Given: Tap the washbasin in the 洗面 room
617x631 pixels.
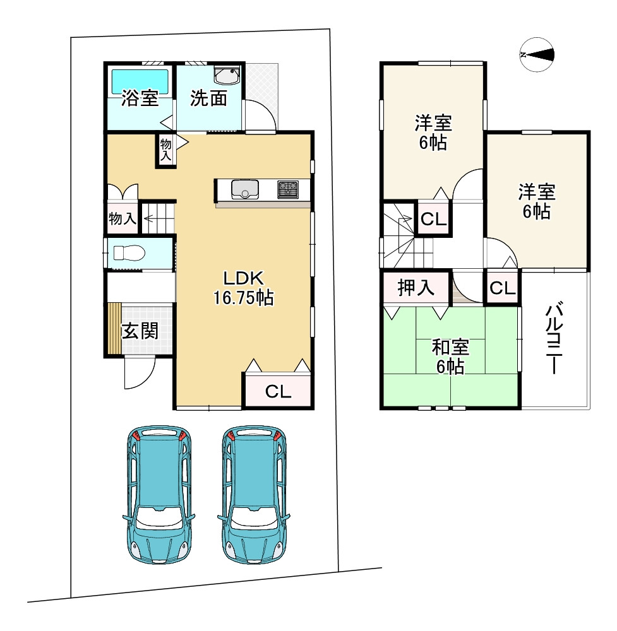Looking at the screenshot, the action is [227, 75].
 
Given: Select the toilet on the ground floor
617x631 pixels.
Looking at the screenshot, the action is [129, 253].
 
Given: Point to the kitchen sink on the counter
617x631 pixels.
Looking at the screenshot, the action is [245, 189].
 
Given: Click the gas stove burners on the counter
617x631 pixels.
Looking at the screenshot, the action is [288, 189].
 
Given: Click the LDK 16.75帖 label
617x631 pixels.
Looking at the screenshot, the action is [243, 288].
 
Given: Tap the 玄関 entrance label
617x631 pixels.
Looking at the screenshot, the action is [140, 331].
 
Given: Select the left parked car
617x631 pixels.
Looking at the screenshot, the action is [159, 495].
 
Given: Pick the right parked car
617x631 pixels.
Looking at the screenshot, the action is [254, 495].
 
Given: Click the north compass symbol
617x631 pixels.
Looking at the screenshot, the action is [537, 55].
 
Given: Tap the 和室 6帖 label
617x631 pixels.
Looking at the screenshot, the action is [450, 357].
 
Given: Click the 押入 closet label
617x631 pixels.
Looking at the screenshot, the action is [416, 287].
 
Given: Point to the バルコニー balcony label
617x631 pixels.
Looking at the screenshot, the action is [554, 337].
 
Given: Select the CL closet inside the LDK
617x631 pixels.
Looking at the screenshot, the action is [278, 391].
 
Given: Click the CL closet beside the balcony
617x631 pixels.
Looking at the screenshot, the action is [503, 288].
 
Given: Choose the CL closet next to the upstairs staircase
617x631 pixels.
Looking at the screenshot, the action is [433, 220].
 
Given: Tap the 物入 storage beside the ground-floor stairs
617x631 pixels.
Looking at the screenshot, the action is [123, 218].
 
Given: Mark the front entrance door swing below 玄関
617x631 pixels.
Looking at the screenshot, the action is [140, 373].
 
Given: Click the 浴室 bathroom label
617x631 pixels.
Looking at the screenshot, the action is [140, 98].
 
